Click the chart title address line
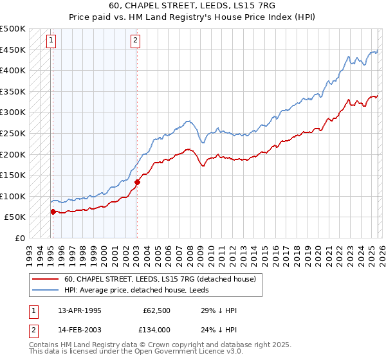pyautogui.click(x=193, y=6)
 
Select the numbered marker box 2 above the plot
pyautogui.click(x=136, y=40)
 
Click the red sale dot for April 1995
pyautogui.click(x=53, y=212)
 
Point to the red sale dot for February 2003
pyautogui.click(x=137, y=182)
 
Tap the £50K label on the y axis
pyautogui.click(x=15, y=217)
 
